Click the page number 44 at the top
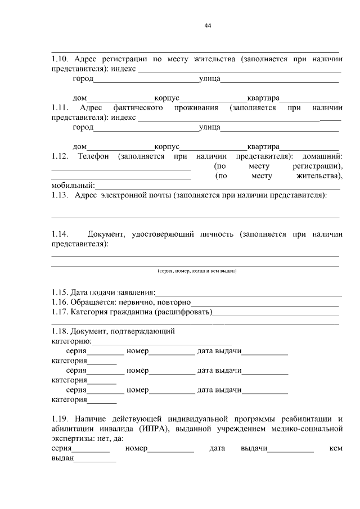pyautogui.click(x=208, y=25)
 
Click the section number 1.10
pyautogui.click(x=60, y=58)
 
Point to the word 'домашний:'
pyautogui.click(x=322, y=155)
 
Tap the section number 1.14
pyautogui.click(x=60, y=233)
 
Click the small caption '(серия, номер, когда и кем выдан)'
pyautogui.click(x=196, y=271)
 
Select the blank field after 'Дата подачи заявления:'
pyautogui.click(x=248, y=294)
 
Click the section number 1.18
pyautogui.click(x=60, y=331)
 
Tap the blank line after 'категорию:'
pyautogui.click(x=161, y=342)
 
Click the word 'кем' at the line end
pyautogui.click(x=336, y=448)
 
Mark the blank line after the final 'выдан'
pyautogui.click(x=95, y=460)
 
